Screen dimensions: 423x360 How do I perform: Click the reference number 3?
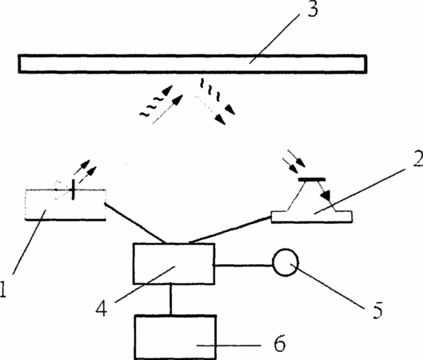(313, 10)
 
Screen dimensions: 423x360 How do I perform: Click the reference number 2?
(418, 157)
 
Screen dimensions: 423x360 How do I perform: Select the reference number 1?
(2, 290)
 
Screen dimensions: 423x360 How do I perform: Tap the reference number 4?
(102, 308)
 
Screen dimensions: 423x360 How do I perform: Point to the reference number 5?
(377, 310)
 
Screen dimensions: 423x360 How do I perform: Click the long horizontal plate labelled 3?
(193, 64)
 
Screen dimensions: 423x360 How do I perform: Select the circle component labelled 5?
(285, 262)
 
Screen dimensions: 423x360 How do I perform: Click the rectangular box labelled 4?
(174, 264)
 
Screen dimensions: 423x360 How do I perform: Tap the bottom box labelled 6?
(175, 337)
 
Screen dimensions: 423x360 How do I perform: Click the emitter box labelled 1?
(66, 205)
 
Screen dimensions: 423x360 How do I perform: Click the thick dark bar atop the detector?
(312, 179)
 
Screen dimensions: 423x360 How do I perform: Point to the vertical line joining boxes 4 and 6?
(170, 299)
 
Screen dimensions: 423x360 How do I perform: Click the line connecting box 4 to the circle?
(244, 266)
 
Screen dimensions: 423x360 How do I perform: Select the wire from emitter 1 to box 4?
(134, 222)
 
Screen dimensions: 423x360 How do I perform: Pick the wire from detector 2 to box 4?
(229, 230)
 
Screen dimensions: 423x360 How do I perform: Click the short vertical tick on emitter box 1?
(73, 190)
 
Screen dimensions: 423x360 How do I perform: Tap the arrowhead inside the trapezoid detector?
(327, 196)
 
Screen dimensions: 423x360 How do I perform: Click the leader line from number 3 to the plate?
(274, 38)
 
